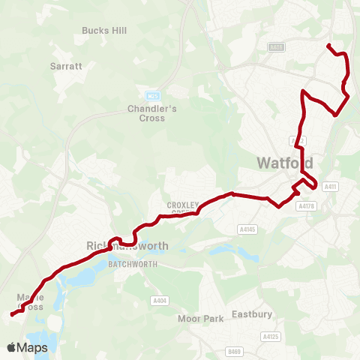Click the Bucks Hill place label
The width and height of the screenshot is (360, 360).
[x=103, y=31]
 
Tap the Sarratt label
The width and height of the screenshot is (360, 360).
[x=66, y=66]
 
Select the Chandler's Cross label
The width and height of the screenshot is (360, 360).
[x=151, y=112]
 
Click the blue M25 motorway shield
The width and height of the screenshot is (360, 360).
[x=154, y=96]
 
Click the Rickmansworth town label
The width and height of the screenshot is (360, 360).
[x=127, y=246]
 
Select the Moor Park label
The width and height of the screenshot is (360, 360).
[x=201, y=319]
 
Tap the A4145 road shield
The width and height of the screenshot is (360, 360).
[x=247, y=229]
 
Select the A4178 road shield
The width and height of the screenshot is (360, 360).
[x=305, y=205]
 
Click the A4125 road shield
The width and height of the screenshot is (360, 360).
[x=270, y=337]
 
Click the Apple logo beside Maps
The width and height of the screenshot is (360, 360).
[x=12, y=347]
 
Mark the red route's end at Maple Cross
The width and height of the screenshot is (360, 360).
[x=12, y=315]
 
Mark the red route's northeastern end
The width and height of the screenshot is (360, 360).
[x=328, y=46]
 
